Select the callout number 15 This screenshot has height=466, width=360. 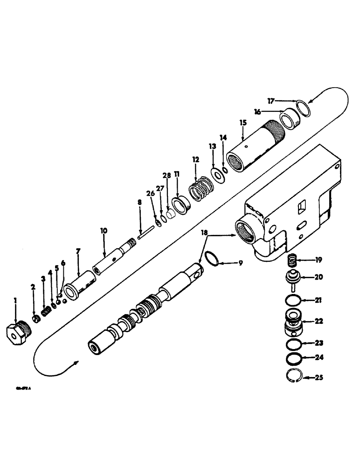coord(242,123)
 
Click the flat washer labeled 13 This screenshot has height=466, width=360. coord(216,174)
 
